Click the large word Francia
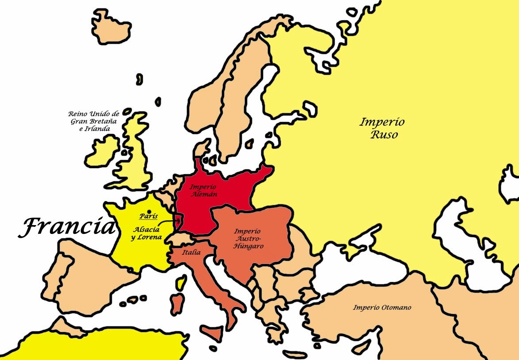point(66,227)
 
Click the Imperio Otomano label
point(382,307)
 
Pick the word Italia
point(191,253)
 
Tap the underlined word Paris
point(149,216)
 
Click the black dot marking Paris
point(149,211)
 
